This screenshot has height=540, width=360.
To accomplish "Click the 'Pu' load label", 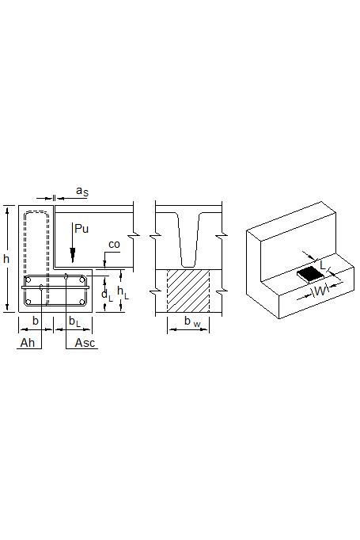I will (x=81, y=229).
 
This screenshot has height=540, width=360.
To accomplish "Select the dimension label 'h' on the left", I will (x=6, y=259).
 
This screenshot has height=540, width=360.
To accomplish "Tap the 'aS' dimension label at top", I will (x=81, y=191).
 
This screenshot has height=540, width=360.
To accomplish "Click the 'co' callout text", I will (x=114, y=245).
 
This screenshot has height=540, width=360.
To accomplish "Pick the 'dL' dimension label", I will (x=106, y=295).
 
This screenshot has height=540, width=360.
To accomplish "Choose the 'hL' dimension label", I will (x=123, y=291).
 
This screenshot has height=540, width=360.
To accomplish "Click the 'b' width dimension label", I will (x=35, y=321).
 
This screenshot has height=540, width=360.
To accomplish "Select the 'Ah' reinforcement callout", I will (x=27, y=342).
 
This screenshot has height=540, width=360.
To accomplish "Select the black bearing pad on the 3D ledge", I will (x=310, y=273).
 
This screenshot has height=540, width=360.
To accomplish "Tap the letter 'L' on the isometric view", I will (x=323, y=259).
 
